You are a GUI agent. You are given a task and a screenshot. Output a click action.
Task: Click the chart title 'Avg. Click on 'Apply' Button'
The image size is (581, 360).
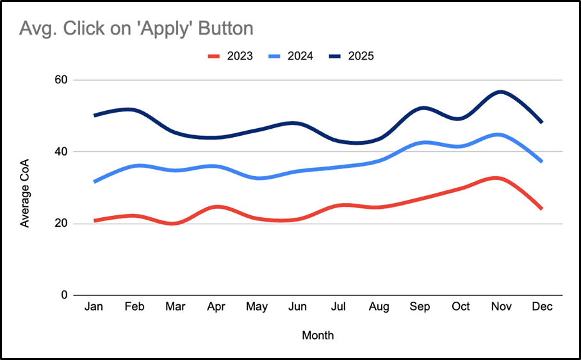coord(136,29)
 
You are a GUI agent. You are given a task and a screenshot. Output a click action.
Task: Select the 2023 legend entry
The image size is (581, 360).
coord(230,56)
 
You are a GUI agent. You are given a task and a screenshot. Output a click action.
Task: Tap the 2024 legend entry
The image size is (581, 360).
coord(290,56)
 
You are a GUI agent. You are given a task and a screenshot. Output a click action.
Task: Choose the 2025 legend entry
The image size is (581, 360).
coord(350,56)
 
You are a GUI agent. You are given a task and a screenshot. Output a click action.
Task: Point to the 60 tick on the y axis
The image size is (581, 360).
coord(61,80)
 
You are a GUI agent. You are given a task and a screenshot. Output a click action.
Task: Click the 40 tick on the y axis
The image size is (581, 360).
coord(61,152)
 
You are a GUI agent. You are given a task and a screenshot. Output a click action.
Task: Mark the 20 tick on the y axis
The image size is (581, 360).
coord(61,224)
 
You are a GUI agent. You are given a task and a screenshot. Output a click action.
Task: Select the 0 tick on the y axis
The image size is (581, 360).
coord(64,295)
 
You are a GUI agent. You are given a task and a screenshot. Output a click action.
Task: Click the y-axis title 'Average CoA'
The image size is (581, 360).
coord(25,188)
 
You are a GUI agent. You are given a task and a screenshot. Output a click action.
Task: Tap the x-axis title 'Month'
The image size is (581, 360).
coord(318,335)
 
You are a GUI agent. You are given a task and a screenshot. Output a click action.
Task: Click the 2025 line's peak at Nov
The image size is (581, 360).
coord(501,92)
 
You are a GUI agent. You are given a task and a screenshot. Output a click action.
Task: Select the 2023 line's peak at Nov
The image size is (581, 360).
coord(501,177)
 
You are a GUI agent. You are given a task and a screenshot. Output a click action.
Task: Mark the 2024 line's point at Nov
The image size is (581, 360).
coord(501,135)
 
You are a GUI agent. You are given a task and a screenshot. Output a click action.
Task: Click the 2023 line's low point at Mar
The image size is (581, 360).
coord(175,224)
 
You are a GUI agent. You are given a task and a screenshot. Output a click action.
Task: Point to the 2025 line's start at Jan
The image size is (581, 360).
coord(94,115)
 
